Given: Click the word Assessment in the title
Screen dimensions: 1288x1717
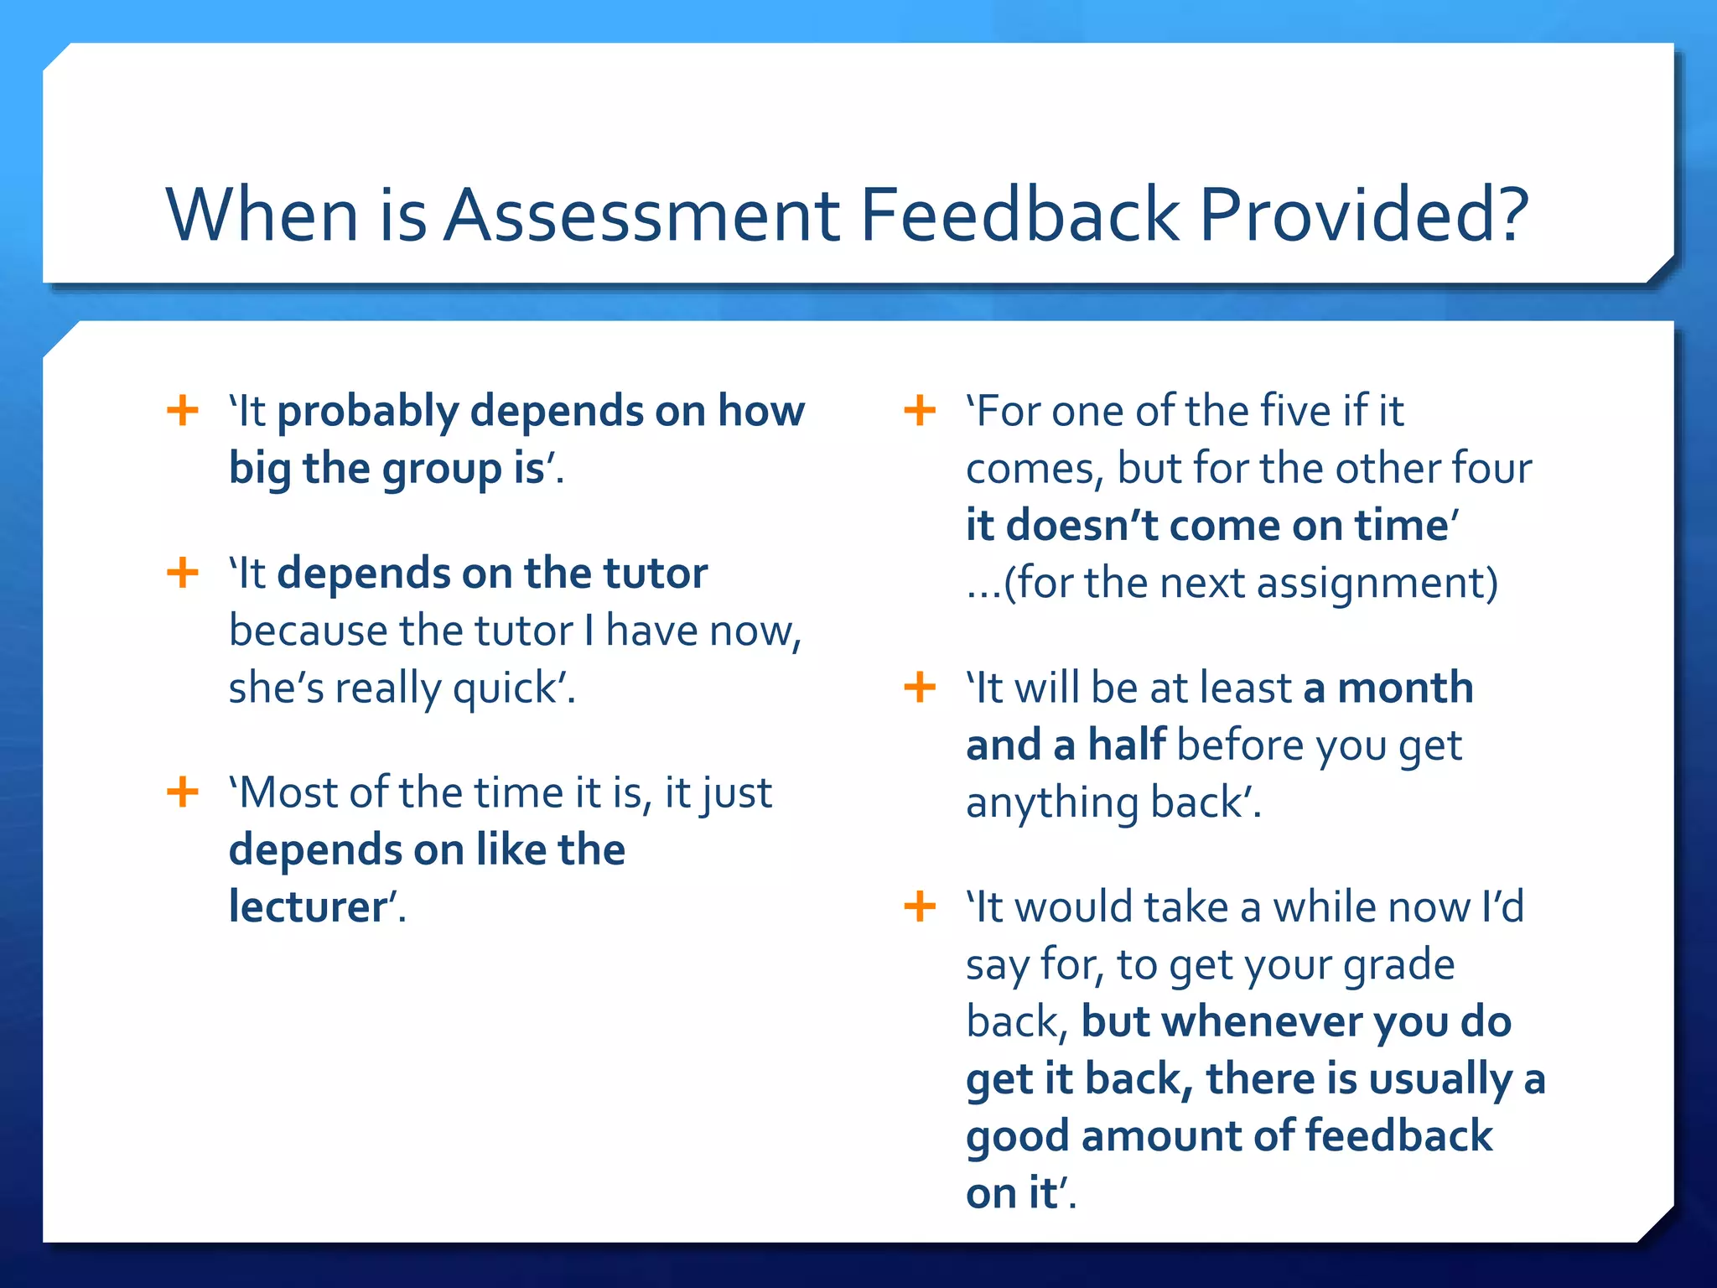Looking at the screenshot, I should (x=641, y=215).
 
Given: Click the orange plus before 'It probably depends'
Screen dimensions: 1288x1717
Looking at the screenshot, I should (x=183, y=411).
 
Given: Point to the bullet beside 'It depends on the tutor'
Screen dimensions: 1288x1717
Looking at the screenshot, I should (x=183, y=574).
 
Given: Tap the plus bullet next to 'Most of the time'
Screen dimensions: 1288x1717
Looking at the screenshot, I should (x=183, y=792).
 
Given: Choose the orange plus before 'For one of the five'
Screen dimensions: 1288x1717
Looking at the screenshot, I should (x=920, y=411).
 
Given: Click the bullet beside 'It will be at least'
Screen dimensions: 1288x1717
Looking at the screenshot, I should (x=920, y=688).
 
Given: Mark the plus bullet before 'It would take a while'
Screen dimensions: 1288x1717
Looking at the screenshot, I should (x=920, y=906).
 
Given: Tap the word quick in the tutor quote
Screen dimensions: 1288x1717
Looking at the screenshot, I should (x=505, y=689).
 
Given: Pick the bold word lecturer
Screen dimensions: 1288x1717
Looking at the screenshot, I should (x=308, y=907).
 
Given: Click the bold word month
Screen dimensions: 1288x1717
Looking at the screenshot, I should (x=1405, y=688).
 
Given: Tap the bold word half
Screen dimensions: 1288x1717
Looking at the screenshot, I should (x=1126, y=745).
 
